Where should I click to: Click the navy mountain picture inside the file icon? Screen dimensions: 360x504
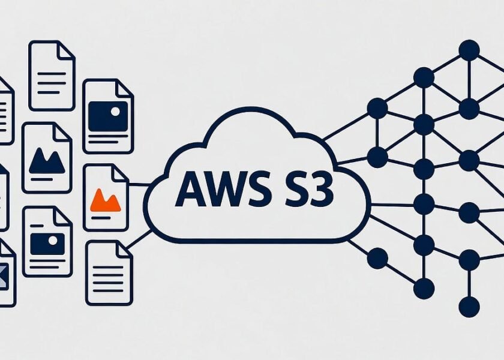pyautogui.click(x=47, y=161)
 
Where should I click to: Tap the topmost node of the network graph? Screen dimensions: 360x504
pyautogui.click(x=469, y=50)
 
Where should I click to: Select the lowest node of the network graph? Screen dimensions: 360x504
pyautogui.click(x=469, y=307)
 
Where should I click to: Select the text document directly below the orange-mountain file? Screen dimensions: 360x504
pyautogui.click(x=109, y=272)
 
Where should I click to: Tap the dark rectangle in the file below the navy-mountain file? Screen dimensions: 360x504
pyautogui.click(x=47, y=243)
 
